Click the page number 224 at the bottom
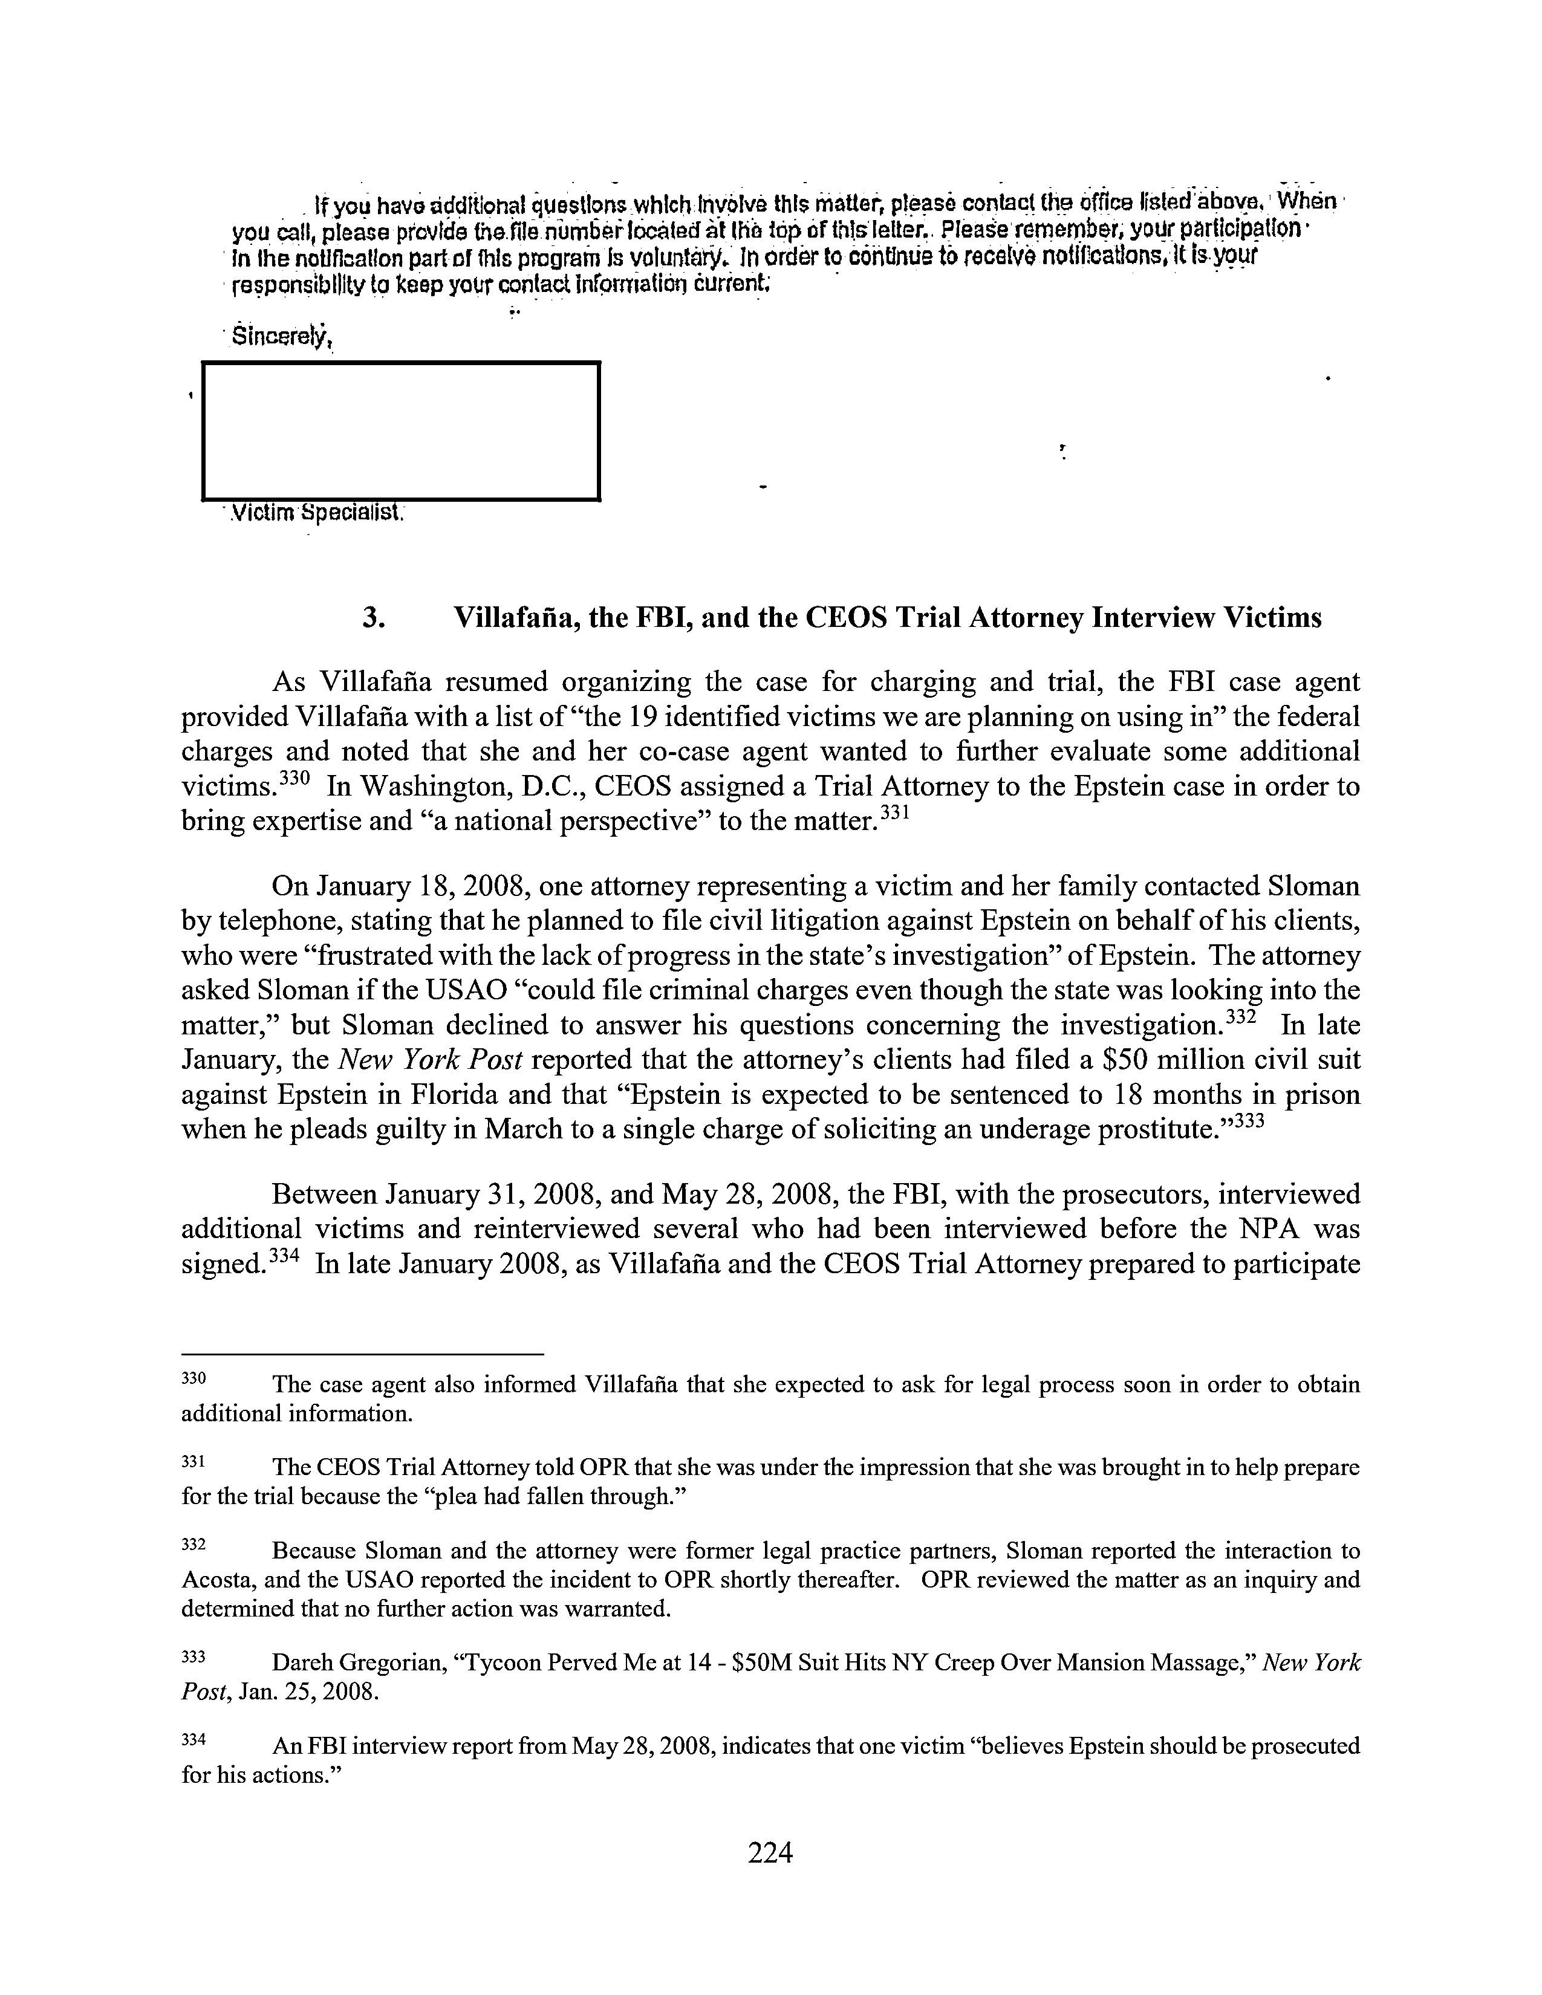770,1852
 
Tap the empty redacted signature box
400,431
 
